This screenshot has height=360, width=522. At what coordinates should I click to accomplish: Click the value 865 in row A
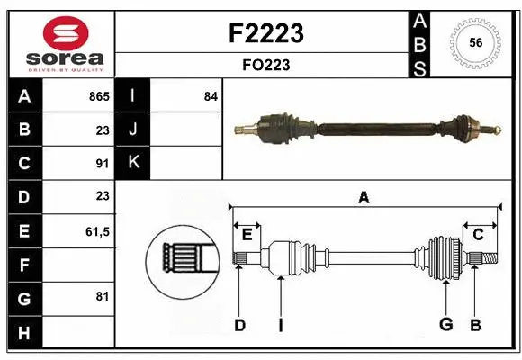98,96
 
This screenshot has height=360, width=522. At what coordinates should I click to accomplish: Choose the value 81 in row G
102,296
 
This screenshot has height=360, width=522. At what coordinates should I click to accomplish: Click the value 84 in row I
211,96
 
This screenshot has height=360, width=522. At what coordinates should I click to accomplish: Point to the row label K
133,163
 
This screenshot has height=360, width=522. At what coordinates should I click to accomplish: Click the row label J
133,130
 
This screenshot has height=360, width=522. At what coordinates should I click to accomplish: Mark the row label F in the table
24,265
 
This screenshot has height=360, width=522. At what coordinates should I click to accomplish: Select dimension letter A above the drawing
364,198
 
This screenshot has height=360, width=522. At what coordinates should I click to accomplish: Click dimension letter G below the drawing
445,324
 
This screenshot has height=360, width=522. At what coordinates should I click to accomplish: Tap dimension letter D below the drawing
239,325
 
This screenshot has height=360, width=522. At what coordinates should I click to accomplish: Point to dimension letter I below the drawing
280,325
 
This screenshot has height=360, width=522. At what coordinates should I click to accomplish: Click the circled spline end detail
184,260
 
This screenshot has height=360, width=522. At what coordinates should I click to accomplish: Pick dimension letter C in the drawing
479,235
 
